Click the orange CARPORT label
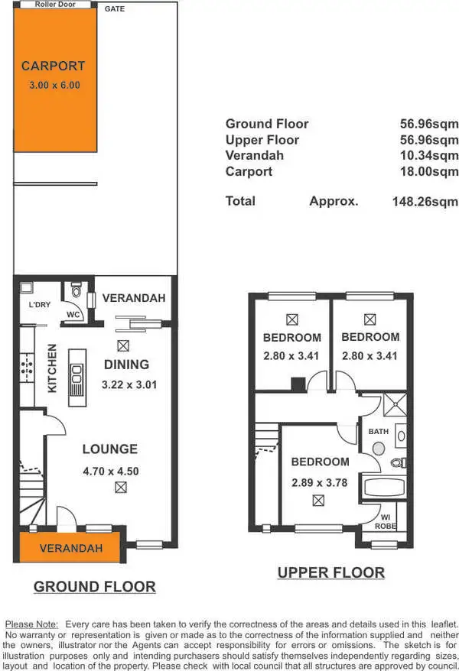pos(53,66)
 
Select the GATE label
pos(115,9)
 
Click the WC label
pos(73,314)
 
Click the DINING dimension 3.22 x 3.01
pos(129,384)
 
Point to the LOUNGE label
pos(110,449)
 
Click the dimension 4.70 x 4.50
pos(110,472)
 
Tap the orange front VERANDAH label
pos(71,549)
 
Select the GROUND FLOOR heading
pos(94,587)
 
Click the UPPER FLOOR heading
pos(330,572)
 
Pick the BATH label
pos(379,431)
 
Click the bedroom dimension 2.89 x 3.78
pos(320,482)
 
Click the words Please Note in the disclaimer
pos(31,624)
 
